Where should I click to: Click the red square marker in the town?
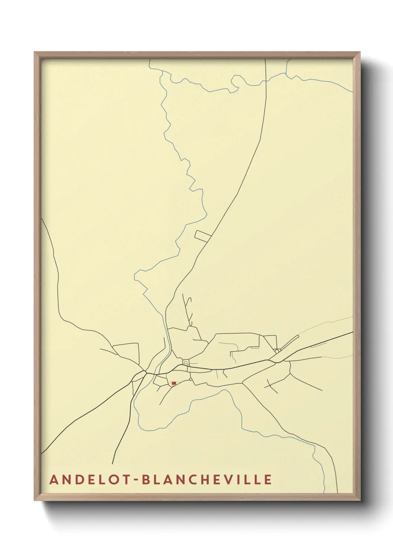tap(173, 383)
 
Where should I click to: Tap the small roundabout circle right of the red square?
tap(191, 379)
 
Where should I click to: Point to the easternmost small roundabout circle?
tap(277, 351)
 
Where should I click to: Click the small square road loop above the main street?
tap(185, 362)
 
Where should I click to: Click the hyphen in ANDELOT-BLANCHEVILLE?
tap(136, 480)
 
